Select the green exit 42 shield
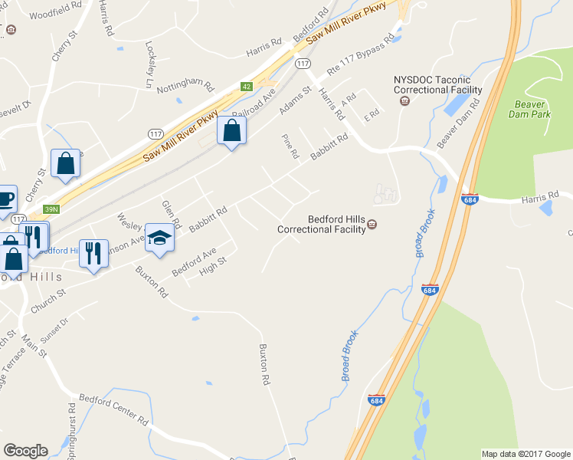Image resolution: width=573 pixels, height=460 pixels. pos(246,87)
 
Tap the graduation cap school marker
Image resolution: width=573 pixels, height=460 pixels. pos(160,238)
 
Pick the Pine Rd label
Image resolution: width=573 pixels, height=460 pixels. pos(289,146)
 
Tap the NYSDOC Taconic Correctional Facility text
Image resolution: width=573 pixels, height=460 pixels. pos(438,84)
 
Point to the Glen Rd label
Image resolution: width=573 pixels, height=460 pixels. pos(171,215)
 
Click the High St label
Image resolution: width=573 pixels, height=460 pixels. pos(212,266)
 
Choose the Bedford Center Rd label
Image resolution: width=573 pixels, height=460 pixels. pos(113,409)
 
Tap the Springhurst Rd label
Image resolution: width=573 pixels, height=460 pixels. pos(72,437)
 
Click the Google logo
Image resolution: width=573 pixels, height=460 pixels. pos(25,451)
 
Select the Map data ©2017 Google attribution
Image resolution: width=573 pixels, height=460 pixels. pos(525,454)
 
